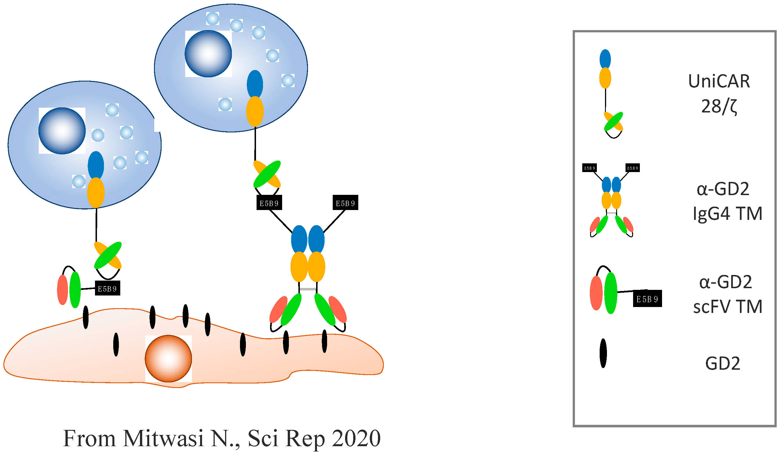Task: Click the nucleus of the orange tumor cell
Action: coord(168,358)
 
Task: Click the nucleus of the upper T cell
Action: coord(208,53)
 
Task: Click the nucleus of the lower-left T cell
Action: coord(62,131)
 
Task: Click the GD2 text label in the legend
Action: coord(722,363)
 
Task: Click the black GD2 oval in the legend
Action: coord(603,353)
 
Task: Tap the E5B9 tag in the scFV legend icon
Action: coord(647,299)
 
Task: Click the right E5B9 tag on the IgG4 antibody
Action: coord(345,203)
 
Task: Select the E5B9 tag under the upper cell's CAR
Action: coord(269,203)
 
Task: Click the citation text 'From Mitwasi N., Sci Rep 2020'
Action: coord(222,438)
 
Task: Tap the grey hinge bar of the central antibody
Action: coord(308,289)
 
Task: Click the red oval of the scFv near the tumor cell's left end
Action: coord(63,290)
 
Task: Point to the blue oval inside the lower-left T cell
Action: coord(96,165)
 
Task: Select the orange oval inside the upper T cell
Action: coord(255,111)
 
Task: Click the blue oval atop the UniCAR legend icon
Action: coord(605,59)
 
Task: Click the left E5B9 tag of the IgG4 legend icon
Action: coord(590,168)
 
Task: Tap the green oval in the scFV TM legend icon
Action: coord(610,293)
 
